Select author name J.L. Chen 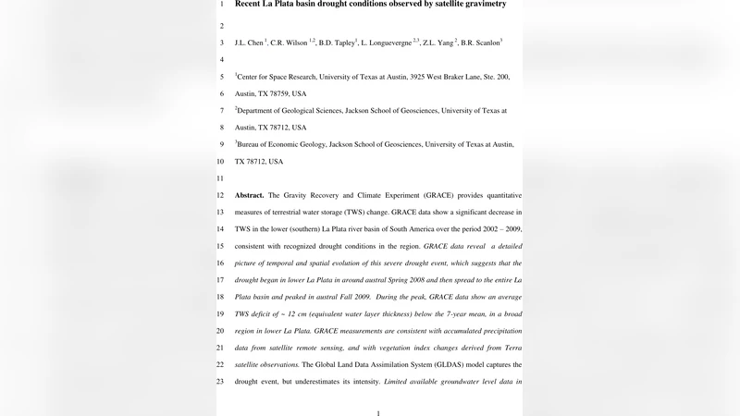pos(249,43)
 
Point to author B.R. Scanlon pos(478,43)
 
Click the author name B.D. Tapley pos(338,43)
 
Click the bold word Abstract pos(250,196)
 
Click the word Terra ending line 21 pos(512,348)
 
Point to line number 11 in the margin pos(220,178)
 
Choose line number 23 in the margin pos(220,382)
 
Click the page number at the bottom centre pos(378,412)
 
